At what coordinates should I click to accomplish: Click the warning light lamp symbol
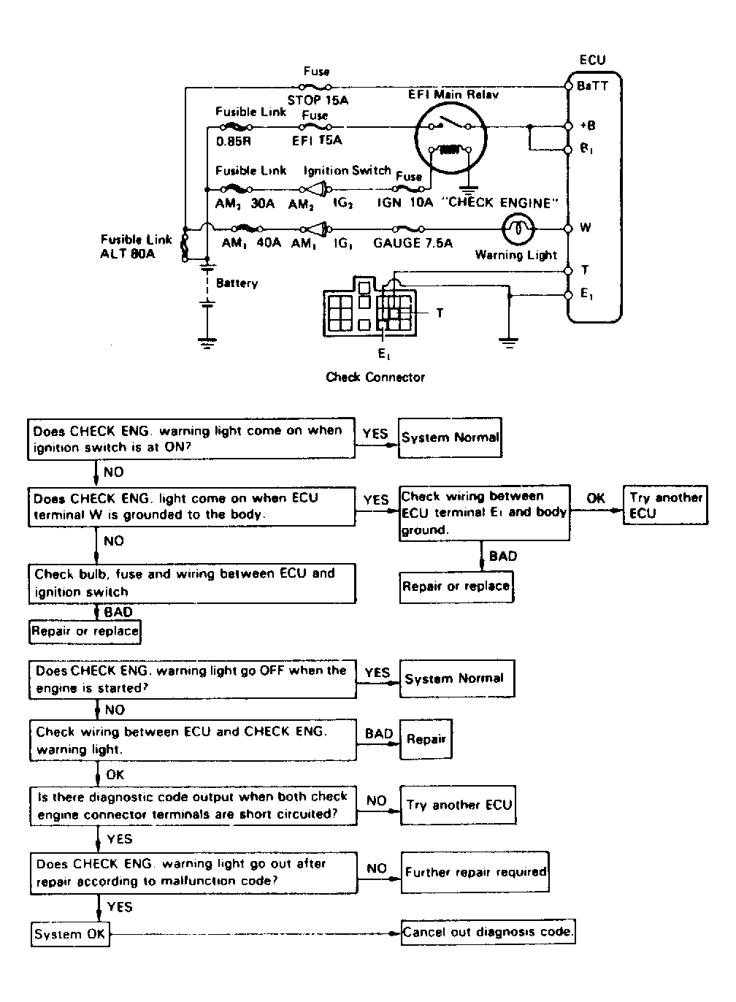[518, 229]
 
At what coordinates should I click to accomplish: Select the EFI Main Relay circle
[451, 138]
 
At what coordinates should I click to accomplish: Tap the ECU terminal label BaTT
[592, 86]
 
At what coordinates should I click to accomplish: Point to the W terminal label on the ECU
[586, 228]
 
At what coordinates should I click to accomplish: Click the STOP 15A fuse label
[318, 100]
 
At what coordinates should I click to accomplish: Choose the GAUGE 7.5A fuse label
[413, 243]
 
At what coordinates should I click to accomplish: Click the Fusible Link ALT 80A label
[136, 246]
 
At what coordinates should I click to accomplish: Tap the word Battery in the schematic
[237, 283]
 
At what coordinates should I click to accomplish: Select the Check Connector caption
[375, 377]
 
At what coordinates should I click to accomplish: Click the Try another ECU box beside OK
[665, 505]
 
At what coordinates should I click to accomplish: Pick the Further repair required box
[475, 872]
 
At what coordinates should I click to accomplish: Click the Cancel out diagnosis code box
[488, 932]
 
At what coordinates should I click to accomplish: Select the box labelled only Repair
[426, 739]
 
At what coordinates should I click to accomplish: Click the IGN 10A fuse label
[405, 202]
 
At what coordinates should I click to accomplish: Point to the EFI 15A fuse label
[317, 140]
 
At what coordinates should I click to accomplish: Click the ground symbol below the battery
[207, 343]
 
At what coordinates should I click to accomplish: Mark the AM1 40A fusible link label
[251, 243]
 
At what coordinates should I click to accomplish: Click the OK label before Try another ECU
[596, 498]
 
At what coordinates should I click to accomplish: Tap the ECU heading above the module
[592, 60]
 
